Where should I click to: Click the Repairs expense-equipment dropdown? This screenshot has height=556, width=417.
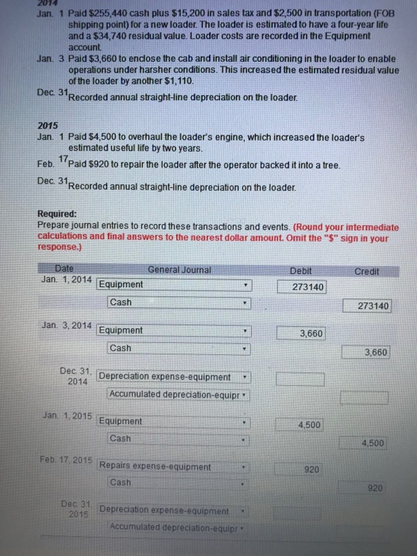pos(175,466)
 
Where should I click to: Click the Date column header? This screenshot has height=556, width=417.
pos(63,269)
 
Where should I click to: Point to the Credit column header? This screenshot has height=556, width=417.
pos(368,270)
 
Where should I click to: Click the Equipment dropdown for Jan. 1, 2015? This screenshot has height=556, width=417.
pos(175,421)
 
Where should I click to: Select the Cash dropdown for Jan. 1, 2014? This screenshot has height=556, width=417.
pos(175,302)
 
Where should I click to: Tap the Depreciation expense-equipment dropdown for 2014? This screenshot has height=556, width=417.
pos(175,376)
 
